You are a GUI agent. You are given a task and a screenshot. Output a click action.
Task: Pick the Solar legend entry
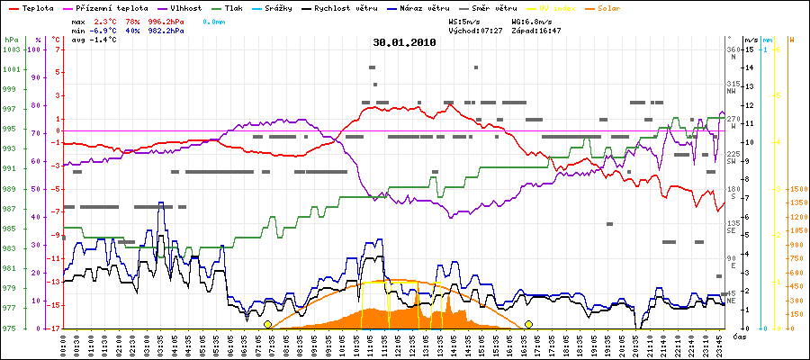point(609,7)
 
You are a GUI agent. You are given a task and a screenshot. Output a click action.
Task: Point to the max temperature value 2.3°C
point(107,19)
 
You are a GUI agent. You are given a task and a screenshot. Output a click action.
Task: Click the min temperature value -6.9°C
point(107,30)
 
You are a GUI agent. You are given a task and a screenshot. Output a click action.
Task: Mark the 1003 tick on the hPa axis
point(11,49)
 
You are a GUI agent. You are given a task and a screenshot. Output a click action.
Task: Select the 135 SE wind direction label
point(733,226)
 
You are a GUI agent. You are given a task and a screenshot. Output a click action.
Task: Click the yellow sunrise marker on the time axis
point(267,324)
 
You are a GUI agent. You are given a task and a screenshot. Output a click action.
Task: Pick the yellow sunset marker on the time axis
point(529,324)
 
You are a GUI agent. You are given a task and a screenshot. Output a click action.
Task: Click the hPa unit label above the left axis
point(11,40)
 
